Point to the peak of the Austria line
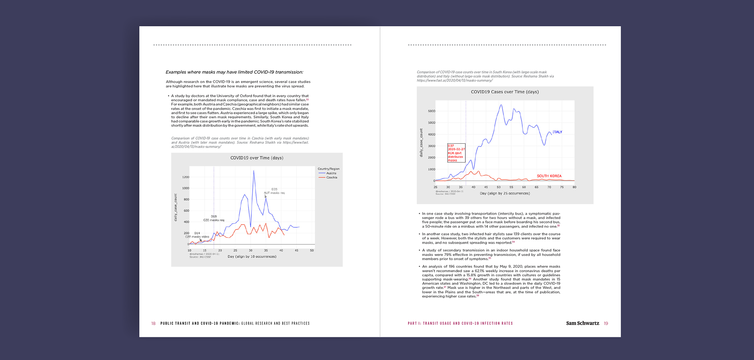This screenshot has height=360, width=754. (x=254, y=171)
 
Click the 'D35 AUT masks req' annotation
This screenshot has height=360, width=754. (x=274, y=191)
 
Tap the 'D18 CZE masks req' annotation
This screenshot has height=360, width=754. (x=214, y=218)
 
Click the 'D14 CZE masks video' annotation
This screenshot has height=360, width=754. (x=197, y=235)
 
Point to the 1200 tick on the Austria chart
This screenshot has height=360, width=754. (x=186, y=177)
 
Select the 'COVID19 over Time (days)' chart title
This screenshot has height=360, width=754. (x=257, y=158)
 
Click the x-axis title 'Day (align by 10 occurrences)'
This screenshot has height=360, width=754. (x=252, y=257)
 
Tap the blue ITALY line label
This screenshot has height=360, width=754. (x=557, y=132)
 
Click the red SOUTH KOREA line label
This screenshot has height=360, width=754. (x=549, y=176)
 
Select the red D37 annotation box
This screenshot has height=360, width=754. (x=456, y=153)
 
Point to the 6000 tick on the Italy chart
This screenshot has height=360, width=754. (x=432, y=111)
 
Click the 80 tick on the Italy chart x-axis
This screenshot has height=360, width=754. (x=574, y=187)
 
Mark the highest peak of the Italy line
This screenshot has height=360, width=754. (x=501, y=105)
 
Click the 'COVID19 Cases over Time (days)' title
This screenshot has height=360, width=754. (x=505, y=92)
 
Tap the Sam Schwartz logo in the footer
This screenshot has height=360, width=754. (x=582, y=323)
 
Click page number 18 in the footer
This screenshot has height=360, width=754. (x=154, y=323)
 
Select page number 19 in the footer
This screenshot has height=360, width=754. (x=606, y=323)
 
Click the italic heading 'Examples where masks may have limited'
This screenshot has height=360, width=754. (x=234, y=72)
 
